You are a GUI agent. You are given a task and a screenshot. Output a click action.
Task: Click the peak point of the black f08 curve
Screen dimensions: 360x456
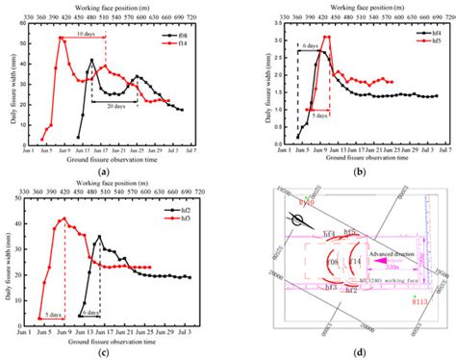[92, 61]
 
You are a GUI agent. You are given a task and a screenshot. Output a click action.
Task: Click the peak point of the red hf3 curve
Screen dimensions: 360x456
[64, 219]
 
